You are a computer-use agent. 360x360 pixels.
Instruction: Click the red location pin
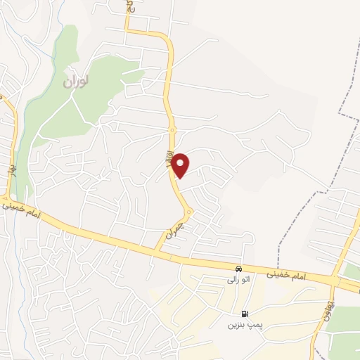(x=181, y=165)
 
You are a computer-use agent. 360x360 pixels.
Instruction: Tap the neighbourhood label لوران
(x=77, y=82)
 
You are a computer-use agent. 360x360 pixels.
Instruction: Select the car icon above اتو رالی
(x=238, y=269)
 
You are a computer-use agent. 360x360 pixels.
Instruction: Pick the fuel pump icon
(x=244, y=314)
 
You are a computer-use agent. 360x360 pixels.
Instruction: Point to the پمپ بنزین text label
(x=240, y=325)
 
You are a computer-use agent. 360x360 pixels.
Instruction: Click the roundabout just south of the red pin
(x=188, y=212)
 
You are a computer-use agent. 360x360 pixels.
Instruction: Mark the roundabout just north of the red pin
(x=172, y=130)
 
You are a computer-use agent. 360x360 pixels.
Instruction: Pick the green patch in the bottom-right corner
(x=345, y=323)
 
